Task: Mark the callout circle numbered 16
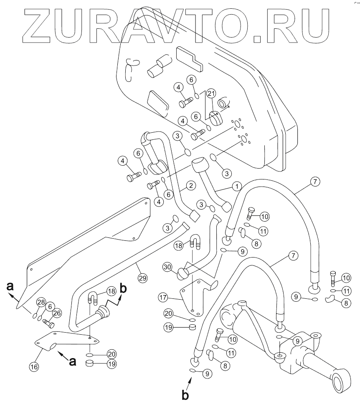pyautogui.click(x=33, y=367)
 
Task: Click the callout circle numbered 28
pyautogui.click(x=41, y=302)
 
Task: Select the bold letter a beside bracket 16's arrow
pyautogui.click(x=72, y=361)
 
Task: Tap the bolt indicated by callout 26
pyautogui.click(x=47, y=323)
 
